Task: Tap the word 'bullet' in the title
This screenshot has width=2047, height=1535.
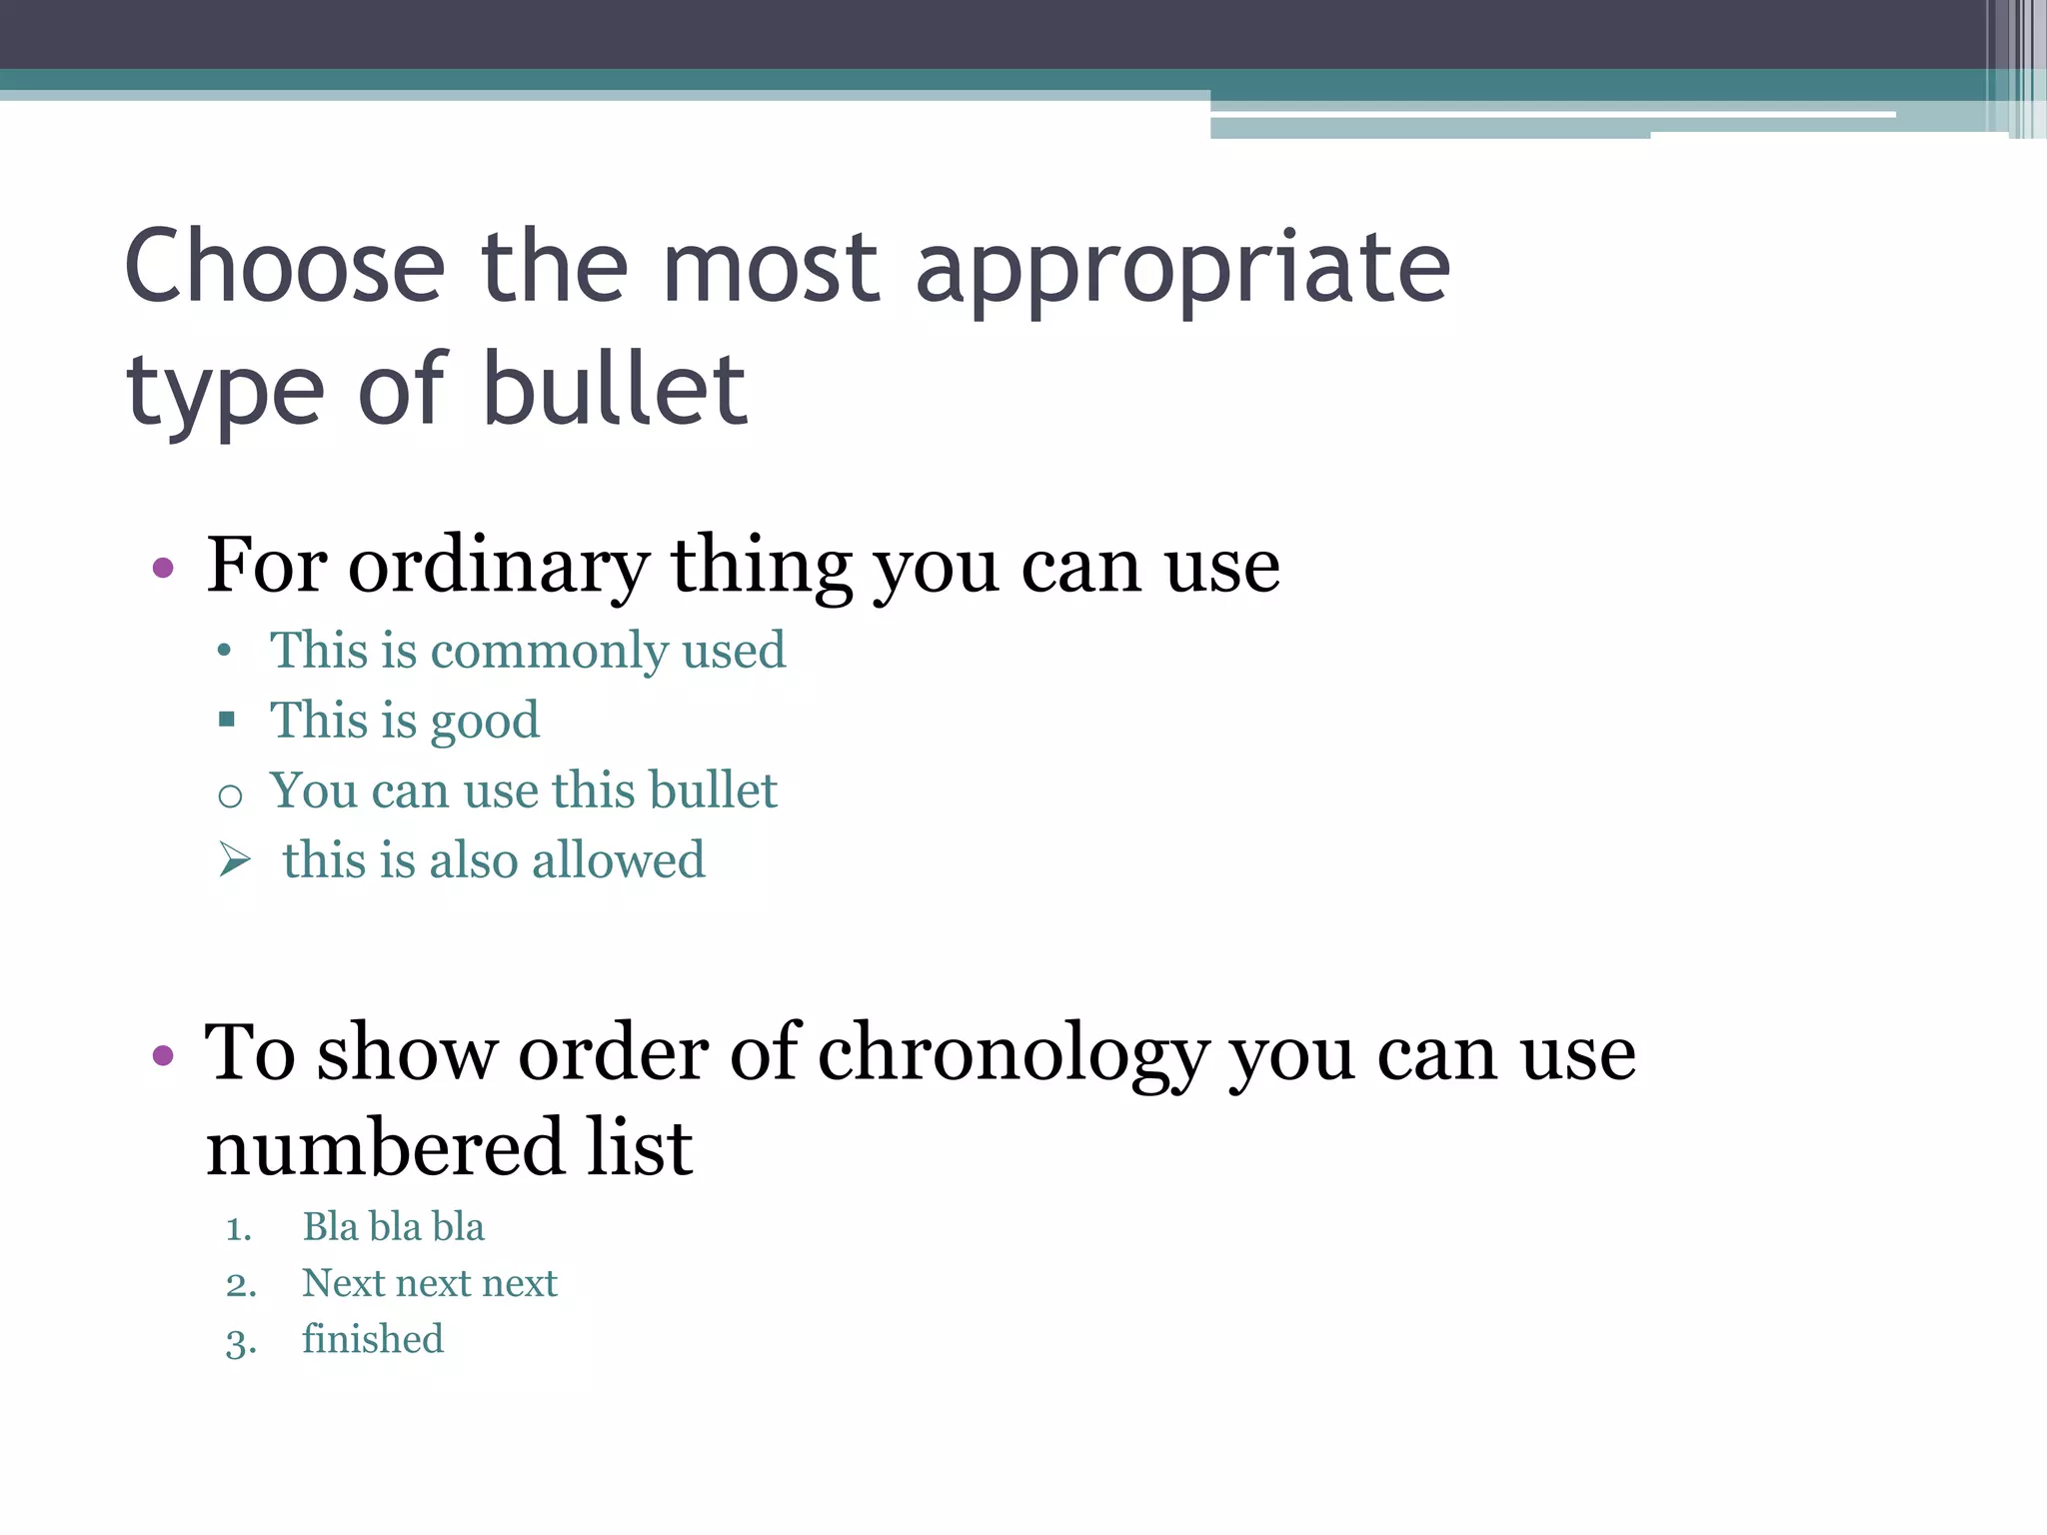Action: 615,390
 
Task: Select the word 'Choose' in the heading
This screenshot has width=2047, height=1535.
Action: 285,267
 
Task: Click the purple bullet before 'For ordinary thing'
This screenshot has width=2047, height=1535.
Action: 163,570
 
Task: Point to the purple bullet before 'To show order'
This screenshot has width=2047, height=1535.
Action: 163,1056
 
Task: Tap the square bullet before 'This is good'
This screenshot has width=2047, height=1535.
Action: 227,719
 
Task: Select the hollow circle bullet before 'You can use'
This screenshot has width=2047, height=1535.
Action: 230,795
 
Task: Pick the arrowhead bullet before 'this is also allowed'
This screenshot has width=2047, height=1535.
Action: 234,859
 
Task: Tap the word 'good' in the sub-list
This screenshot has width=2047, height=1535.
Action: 485,722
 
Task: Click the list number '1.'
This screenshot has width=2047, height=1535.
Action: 239,1228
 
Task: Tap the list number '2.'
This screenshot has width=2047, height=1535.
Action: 241,1284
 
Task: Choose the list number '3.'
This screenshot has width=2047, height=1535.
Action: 241,1341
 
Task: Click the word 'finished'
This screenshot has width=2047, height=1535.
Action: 373,1339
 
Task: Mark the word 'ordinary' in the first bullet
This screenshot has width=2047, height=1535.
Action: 499,568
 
